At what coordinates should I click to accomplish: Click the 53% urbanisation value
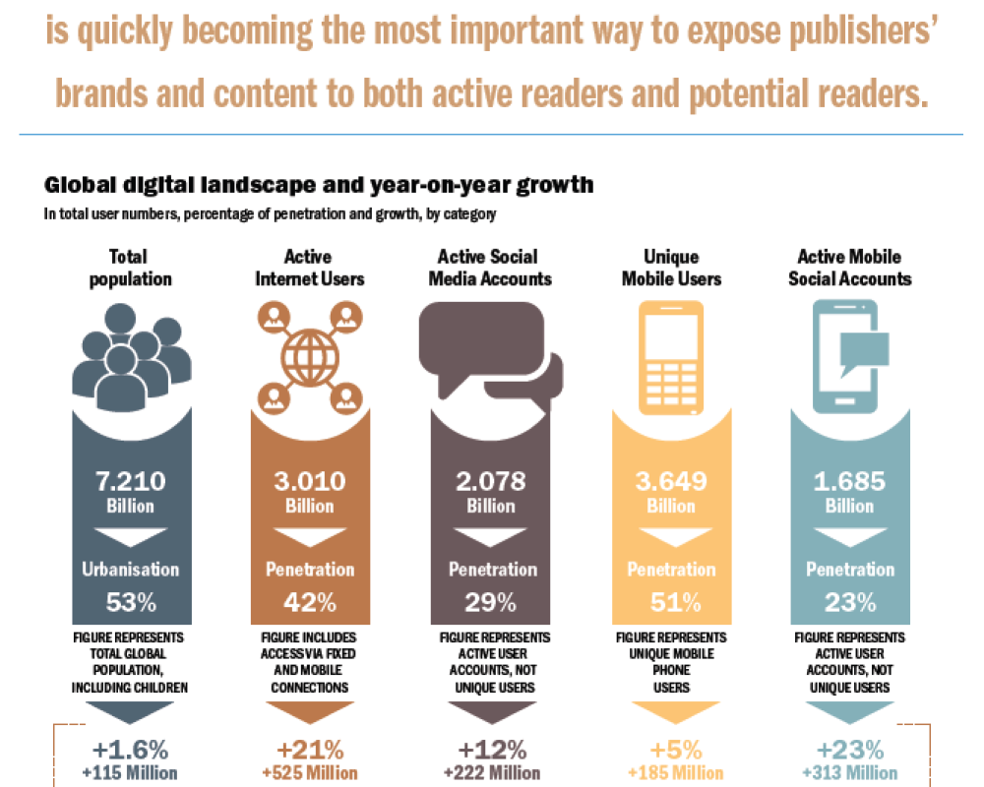click(x=131, y=601)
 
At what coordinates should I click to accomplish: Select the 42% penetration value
click(x=310, y=601)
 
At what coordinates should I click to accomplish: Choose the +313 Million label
click(x=849, y=773)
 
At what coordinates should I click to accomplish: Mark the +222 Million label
click(x=490, y=773)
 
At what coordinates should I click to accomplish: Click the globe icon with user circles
click(x=310, y=355)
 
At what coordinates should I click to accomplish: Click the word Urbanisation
click(x=131, y=570)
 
